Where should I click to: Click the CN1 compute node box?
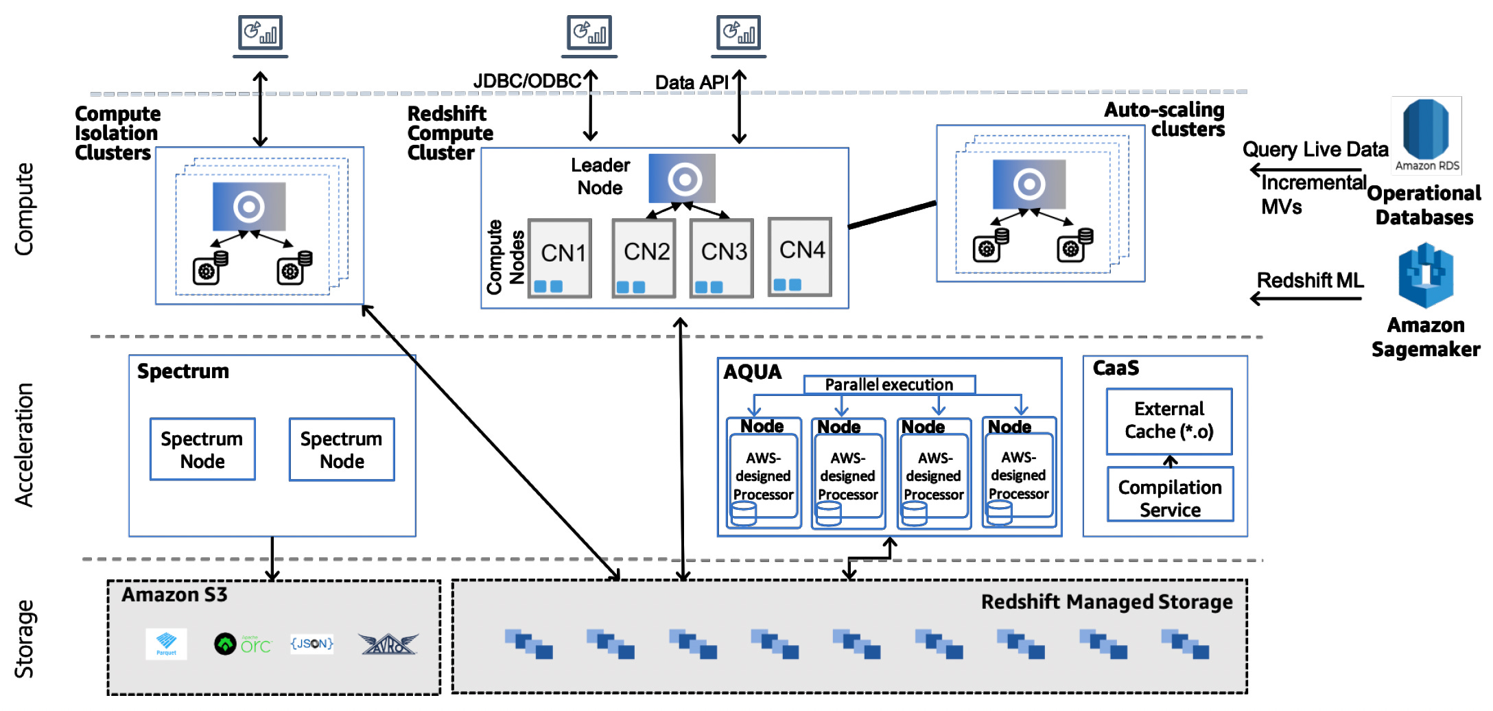click(560, 258)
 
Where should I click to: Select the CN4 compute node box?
click(800, 257)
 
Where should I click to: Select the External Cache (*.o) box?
click(1169, 421)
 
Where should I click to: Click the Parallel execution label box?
click(889, 384)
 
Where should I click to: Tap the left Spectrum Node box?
click(202, 450)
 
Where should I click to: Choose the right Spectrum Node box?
click(342, 450)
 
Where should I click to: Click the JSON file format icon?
click(311, 644)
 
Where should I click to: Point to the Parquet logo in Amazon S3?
click(166, 644)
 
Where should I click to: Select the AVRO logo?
click(388, 644)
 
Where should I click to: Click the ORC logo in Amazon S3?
click(243, 644)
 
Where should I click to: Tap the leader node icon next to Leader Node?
click(682, 178)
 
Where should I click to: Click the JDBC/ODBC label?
click(527, 81)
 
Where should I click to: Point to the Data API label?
click(691, 83)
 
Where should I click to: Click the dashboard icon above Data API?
click(738, 34)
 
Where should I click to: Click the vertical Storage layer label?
click(25, 638)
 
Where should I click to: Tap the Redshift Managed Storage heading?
click(1106, 602)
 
